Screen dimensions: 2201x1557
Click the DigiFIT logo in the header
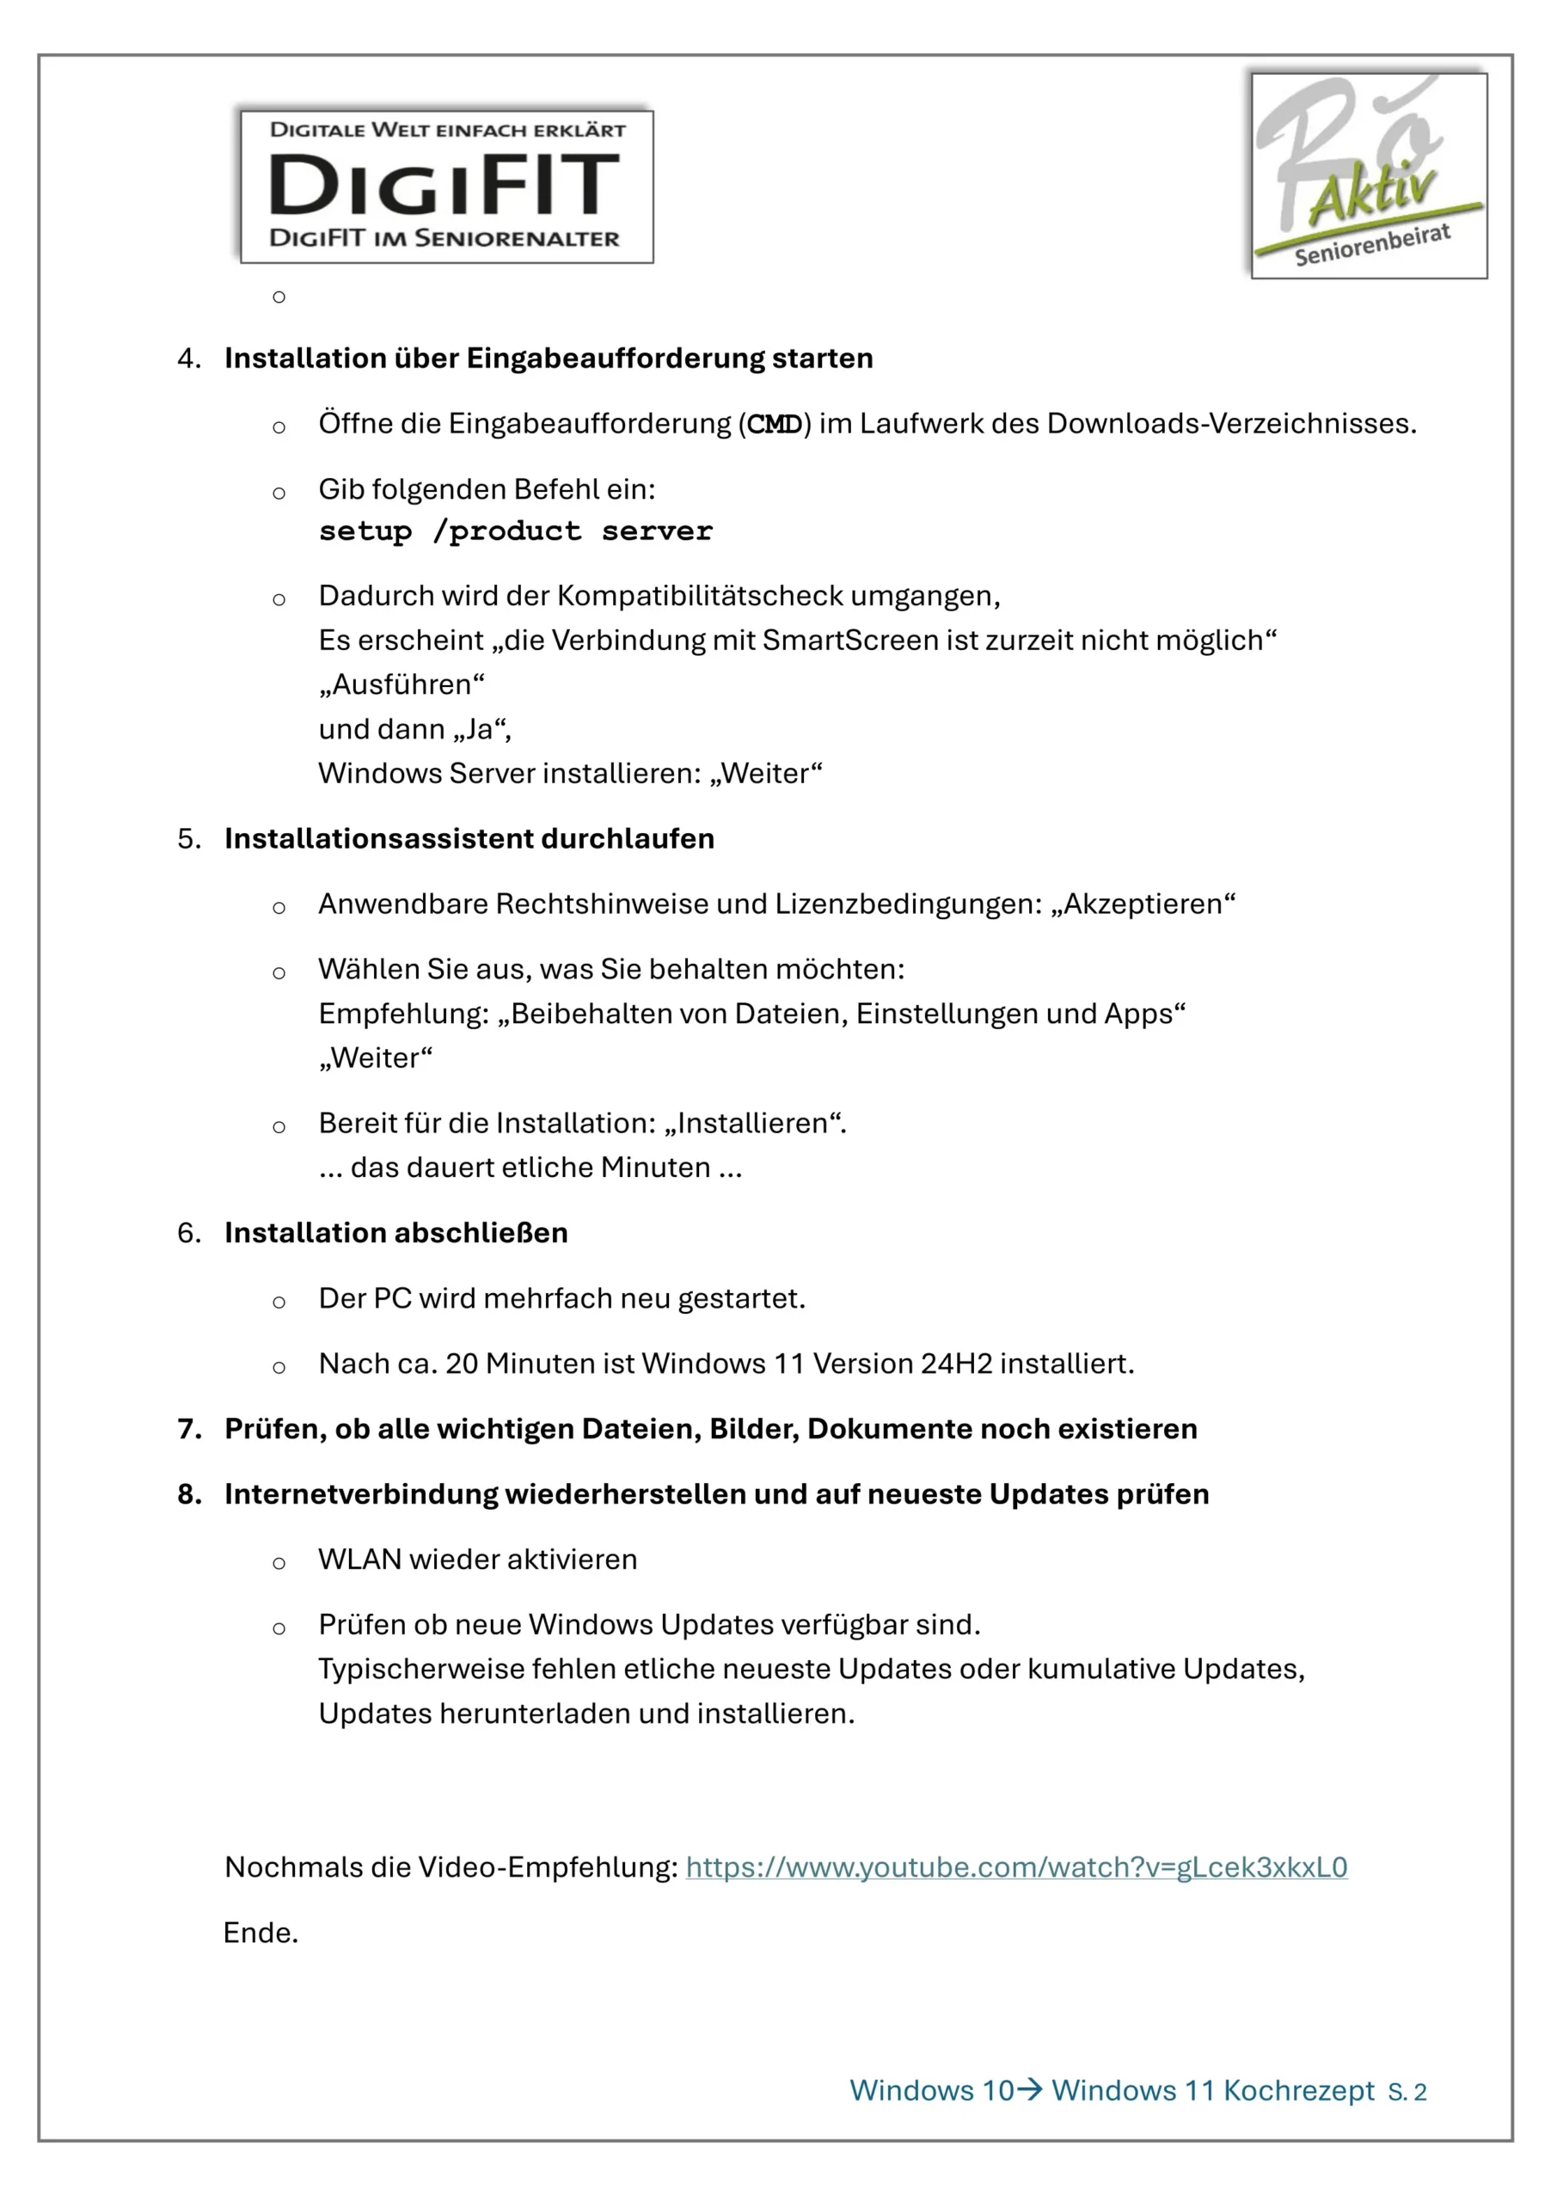pyautogui.click(x=447, y=186)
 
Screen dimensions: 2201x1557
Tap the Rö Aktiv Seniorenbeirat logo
pyautogui.click(x=1368, y=175)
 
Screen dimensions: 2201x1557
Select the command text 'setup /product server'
pyautogui.click(x=516, y=532)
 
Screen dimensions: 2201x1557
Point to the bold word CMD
pyautogui.click(x=775, y=425)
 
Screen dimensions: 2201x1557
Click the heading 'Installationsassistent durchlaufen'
pyautogui.click(x=469, y=839)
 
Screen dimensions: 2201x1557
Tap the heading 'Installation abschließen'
pyautogui.click(x=396, y=1233)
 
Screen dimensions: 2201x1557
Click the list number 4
pyautogui.click(x=188, y=359)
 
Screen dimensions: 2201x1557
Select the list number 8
pyautogui.click(x=188, y=1494)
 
